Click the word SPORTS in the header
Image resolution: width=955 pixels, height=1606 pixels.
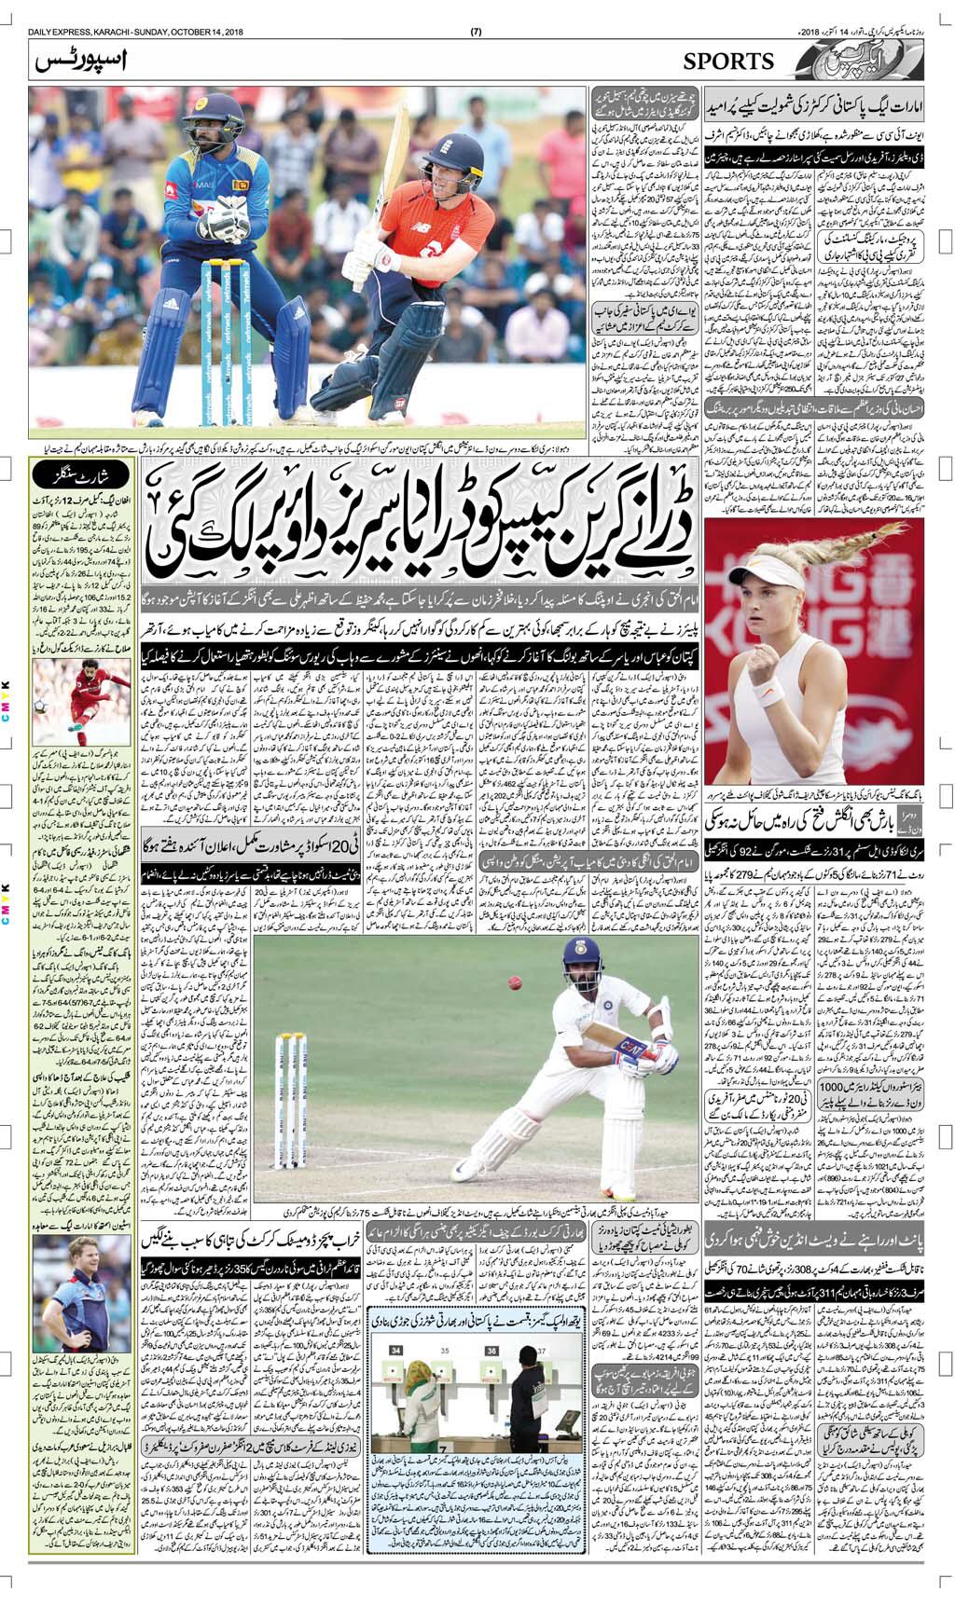tap(728, 62)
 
